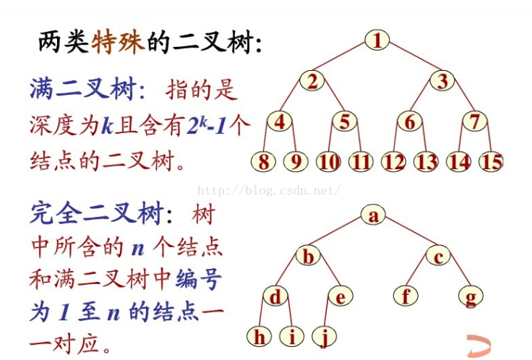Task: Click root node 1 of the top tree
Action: [377, 40]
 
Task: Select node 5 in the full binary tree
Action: [345, 121]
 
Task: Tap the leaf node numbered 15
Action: [492, 161]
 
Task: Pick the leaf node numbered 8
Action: [264, 161]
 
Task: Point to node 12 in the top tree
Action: [394, 161]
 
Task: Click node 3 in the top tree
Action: [442, 81]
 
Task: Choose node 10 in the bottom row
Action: [328, 161]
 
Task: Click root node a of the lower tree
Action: [373, 215]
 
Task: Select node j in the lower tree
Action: [325, 336]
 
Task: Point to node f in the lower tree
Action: [407, 296]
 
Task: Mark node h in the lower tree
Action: [259, 336]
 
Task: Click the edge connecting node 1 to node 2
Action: [344, 59]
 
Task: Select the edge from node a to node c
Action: [406, 235]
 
